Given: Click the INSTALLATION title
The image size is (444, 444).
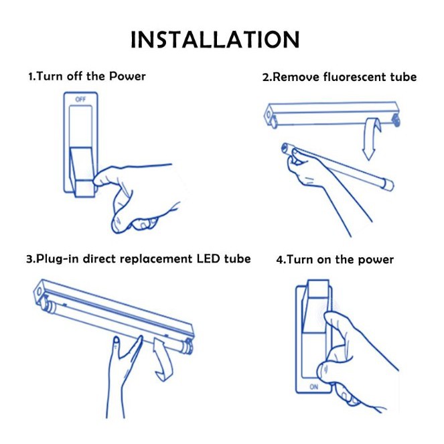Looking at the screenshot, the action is point(215,40).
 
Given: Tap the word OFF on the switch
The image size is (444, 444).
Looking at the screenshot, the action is point(81,99).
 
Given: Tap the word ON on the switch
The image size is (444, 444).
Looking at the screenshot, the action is point(314,386).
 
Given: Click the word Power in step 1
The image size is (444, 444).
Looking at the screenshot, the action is point(127,76).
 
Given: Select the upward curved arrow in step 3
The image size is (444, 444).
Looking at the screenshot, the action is point(162,358).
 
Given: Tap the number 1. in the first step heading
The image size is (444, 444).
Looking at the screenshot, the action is point(31,76).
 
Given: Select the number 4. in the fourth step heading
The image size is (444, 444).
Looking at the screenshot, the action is point(281,260).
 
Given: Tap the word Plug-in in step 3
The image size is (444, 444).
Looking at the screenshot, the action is point(52,259).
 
